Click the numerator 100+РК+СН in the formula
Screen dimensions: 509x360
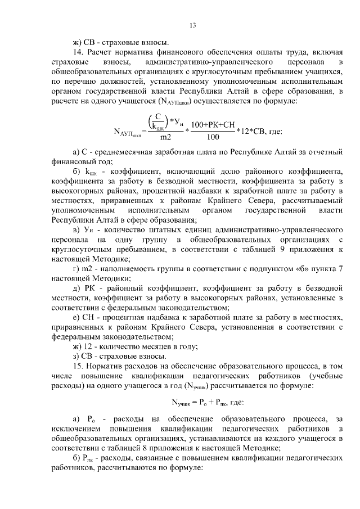pyautogui.click(x=213, y=125)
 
